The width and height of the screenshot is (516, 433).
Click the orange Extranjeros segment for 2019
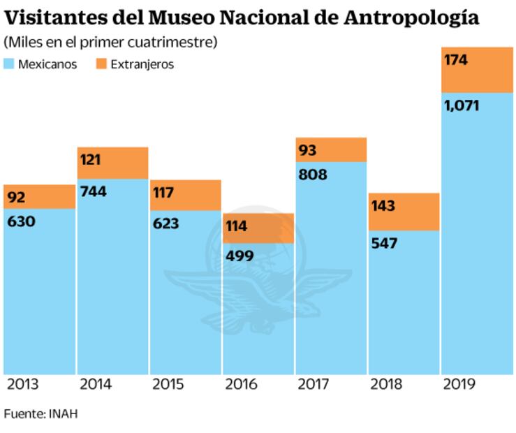point(478,70)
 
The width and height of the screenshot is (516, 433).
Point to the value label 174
point(455,60)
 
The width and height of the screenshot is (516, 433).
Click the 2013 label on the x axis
point(23,385)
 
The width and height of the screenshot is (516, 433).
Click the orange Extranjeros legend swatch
point(101,64)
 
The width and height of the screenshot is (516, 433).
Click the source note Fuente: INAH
point(40,414)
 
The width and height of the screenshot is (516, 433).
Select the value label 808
point(313,175)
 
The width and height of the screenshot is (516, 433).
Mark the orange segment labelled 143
point(404,212)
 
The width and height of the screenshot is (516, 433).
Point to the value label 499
point(239,256)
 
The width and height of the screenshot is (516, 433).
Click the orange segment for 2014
point(112,163)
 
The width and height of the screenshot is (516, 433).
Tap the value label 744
point(93,191)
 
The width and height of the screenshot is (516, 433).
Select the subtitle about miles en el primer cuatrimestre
point(110,43)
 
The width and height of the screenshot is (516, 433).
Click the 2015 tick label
point(168,385)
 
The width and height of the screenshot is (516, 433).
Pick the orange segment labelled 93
point(332,149)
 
